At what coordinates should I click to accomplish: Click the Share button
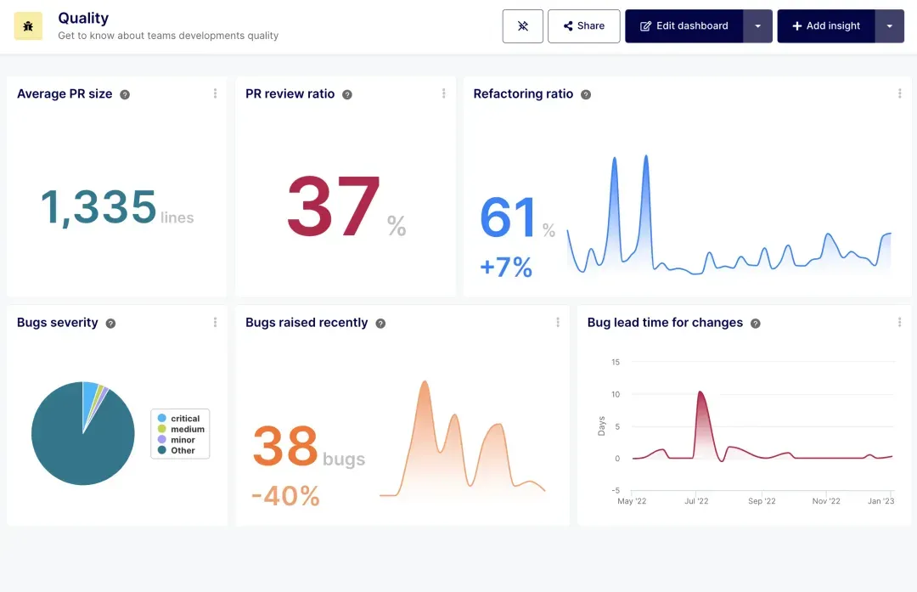583,26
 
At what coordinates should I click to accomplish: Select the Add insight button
825,26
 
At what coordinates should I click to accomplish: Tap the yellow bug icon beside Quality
28,26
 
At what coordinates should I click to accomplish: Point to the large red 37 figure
333,208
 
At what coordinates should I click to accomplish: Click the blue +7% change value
506,268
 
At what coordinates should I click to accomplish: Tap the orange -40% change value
285,495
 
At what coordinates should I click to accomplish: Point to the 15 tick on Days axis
616,363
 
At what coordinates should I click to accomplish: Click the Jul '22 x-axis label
696,501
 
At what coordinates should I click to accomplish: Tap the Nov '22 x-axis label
826,501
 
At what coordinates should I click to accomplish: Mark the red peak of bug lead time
700,392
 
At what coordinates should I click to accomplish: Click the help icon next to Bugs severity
110,324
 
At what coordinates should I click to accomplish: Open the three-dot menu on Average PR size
215,94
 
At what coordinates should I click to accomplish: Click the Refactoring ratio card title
523,94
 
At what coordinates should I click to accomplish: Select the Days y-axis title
602,426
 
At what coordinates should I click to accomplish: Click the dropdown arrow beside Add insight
889,26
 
